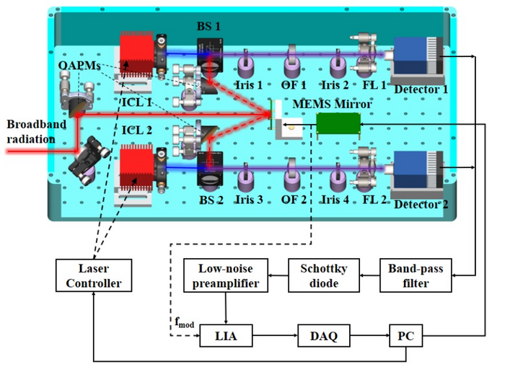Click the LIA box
[226, 335]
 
